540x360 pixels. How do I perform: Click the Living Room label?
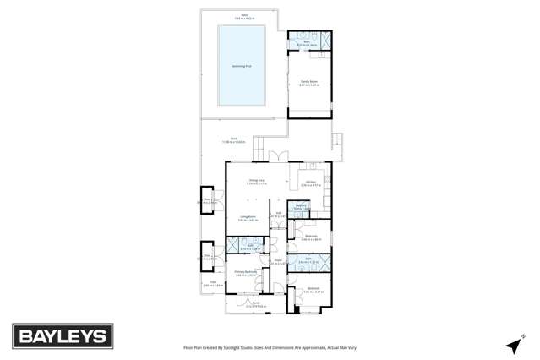point(248,218)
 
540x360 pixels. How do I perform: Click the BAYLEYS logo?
point(62,335)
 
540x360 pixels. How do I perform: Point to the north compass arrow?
point(514,345)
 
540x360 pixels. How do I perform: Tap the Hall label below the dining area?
point(278,215)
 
